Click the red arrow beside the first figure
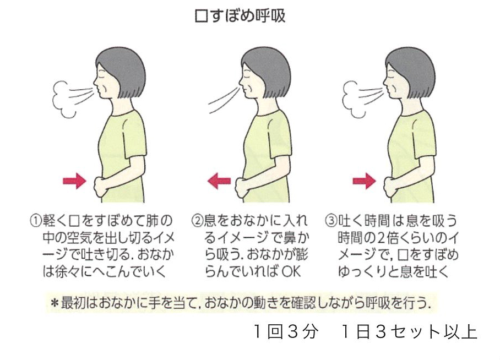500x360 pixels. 74,181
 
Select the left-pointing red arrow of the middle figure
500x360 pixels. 219,181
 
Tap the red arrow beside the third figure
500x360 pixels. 364,181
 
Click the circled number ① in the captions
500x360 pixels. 36,221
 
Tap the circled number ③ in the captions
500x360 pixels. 331,221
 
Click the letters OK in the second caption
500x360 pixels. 291,271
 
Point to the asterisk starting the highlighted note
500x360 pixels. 55,303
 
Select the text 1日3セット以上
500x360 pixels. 409,331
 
